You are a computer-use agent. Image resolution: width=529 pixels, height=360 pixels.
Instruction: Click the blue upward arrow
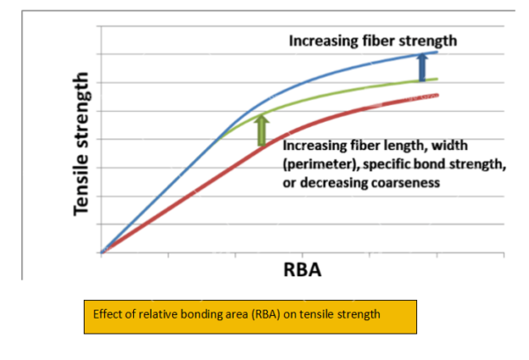(x=421, y=67)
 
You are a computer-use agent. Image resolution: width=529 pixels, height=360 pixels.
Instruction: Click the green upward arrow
(x=261, y=129)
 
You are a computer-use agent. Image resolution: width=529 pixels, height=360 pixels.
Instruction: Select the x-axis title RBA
(x=302, y=271)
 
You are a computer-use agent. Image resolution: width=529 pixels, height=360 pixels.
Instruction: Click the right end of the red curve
(x=437, y=94)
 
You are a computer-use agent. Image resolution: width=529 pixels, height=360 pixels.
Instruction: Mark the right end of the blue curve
(x=437, y=53)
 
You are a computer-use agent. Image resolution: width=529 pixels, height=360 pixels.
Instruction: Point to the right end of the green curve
(x=437, y=79)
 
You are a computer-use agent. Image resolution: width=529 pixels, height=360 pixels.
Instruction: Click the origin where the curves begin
(x=102, y=252)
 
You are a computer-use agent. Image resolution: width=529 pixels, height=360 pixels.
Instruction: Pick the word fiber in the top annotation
(x=383, y=41)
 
